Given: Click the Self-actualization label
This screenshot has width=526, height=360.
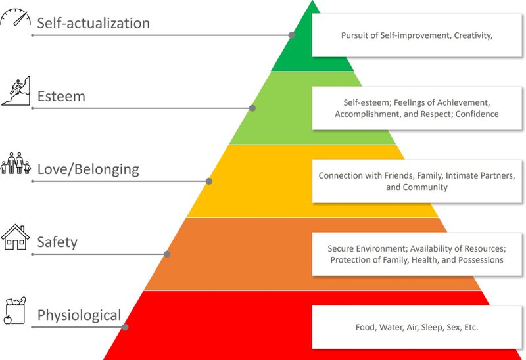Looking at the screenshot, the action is [93, 23].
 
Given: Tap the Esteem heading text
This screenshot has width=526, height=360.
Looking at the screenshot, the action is [61, 96].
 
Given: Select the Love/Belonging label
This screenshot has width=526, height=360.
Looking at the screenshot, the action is [88, 169].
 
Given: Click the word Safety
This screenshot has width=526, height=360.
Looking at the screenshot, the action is [57, 242].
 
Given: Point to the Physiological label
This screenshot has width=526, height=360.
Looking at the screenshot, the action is [79, 315].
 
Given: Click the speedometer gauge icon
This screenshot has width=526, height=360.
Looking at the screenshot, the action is [15, 18].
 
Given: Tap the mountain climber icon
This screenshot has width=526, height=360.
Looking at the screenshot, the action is [16, 91].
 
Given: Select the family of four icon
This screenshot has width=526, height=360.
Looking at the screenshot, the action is [15, 163].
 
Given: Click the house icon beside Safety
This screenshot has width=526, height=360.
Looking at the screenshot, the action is [15, 237].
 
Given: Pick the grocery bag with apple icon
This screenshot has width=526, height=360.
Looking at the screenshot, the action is [15, 310].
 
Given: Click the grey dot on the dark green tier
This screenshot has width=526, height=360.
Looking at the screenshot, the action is [291, 35].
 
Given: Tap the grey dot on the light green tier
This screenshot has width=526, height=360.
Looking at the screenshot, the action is [252, 108].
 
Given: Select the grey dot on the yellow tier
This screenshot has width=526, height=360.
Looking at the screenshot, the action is [209, 181].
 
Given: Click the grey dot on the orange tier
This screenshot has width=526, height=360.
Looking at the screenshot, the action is [167, 254].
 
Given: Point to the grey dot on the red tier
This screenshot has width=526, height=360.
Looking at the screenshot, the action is [125, 327].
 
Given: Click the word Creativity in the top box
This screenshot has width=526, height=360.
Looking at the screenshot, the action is [473, 35].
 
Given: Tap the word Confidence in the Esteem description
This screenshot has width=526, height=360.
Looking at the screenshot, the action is [477, 114].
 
